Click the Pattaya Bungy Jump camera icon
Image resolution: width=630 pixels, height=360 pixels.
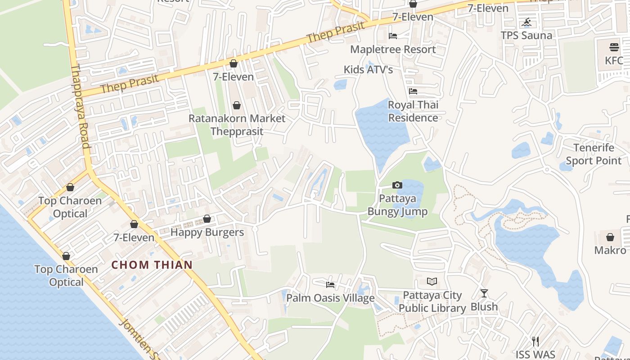[x=397, y=185]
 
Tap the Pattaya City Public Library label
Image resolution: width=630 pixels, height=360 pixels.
[x=432, y=301]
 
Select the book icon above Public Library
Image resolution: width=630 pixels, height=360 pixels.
[x=432, y=282]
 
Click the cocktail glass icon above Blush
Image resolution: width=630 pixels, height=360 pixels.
[x=484, y=293]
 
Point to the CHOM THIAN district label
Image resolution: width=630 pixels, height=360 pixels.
[x=152, y=265]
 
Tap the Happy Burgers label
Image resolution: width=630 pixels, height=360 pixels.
[x=207, y=232]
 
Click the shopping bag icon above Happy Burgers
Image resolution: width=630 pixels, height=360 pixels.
[x=207, y=219]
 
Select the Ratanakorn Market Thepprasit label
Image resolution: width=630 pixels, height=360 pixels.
[x=237, y=125]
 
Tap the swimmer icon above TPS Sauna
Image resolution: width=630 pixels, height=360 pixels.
[x=526, y=22]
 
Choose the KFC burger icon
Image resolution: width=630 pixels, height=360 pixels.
[x=614, y=47]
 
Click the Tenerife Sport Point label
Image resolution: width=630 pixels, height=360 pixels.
[x=594, y=154]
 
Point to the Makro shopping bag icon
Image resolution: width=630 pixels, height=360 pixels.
[x=610, y=237]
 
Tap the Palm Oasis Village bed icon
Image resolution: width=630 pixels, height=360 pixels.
[x=330, y=285]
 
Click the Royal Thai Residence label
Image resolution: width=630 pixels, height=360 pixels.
[x=413, y=111]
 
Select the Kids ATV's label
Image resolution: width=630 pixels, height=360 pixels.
[x=368, y=69]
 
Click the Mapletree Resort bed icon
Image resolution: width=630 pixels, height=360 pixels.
[x=393, y=36]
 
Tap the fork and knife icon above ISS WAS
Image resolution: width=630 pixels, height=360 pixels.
[x=535, y=342]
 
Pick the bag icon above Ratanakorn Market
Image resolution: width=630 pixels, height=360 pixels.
[x=237, y=105]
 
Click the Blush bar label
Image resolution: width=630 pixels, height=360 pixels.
[x=484, y=306]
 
